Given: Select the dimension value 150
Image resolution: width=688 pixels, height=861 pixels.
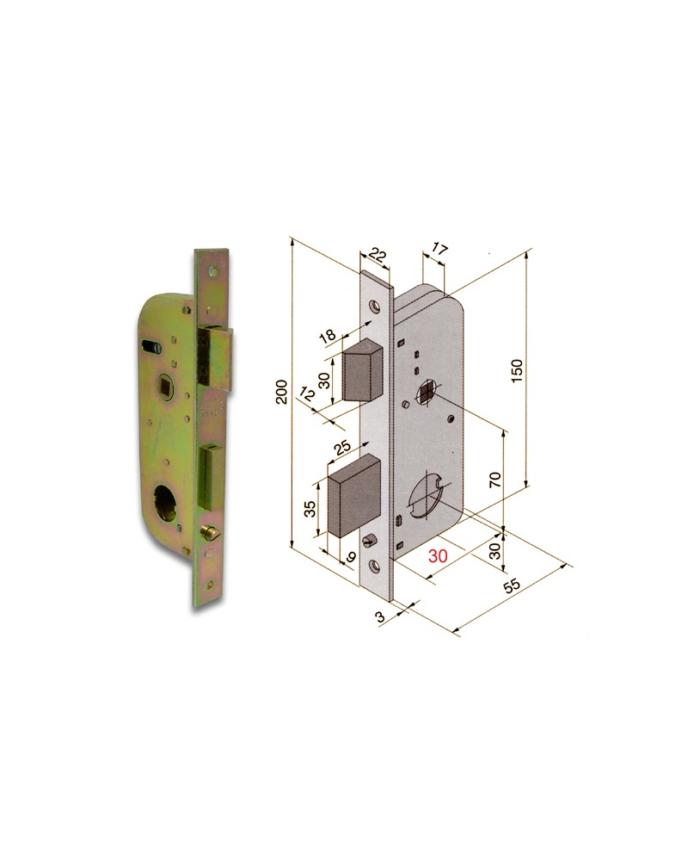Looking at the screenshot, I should (516, 370).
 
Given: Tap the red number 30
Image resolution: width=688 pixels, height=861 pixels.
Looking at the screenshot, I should (438, 556).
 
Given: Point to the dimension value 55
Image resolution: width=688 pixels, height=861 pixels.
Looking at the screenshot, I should (513, 585).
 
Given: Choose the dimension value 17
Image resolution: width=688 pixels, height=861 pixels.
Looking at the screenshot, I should (439, 251).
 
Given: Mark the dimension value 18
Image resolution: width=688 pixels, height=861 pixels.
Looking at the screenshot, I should (329, 336).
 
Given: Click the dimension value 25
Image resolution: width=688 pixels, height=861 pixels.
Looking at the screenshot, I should (342, 449).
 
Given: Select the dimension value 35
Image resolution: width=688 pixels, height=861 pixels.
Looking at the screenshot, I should (310, 508).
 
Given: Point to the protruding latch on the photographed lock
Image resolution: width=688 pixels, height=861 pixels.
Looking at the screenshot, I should (218, 355).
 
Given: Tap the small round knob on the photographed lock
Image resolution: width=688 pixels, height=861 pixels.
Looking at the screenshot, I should (210, 533).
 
